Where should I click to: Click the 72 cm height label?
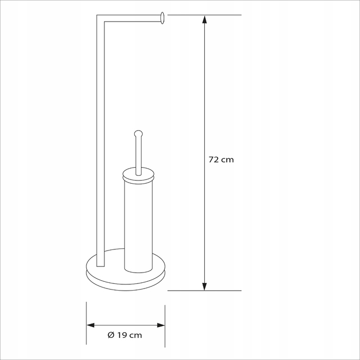click(x=221, y=159)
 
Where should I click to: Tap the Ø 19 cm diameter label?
click(x=124, y=335)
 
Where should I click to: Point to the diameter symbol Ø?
click(x=111, y=335)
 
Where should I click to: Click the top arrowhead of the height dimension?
click(x=204, y=20)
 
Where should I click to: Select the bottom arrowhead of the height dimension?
click(x=204, y=286)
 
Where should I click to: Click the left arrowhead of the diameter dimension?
click(x=91, y=325)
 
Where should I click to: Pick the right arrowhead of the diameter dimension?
click(x=161, y=325)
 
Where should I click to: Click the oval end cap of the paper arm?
click(x=163, y=18)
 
